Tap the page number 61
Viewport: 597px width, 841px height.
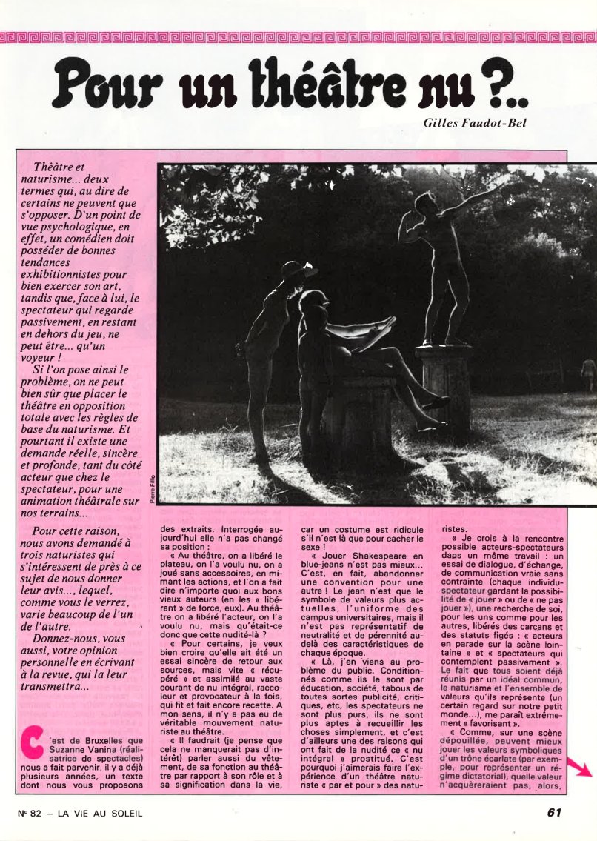click(554, 812)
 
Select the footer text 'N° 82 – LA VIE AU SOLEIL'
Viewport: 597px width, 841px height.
click(80, 813)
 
